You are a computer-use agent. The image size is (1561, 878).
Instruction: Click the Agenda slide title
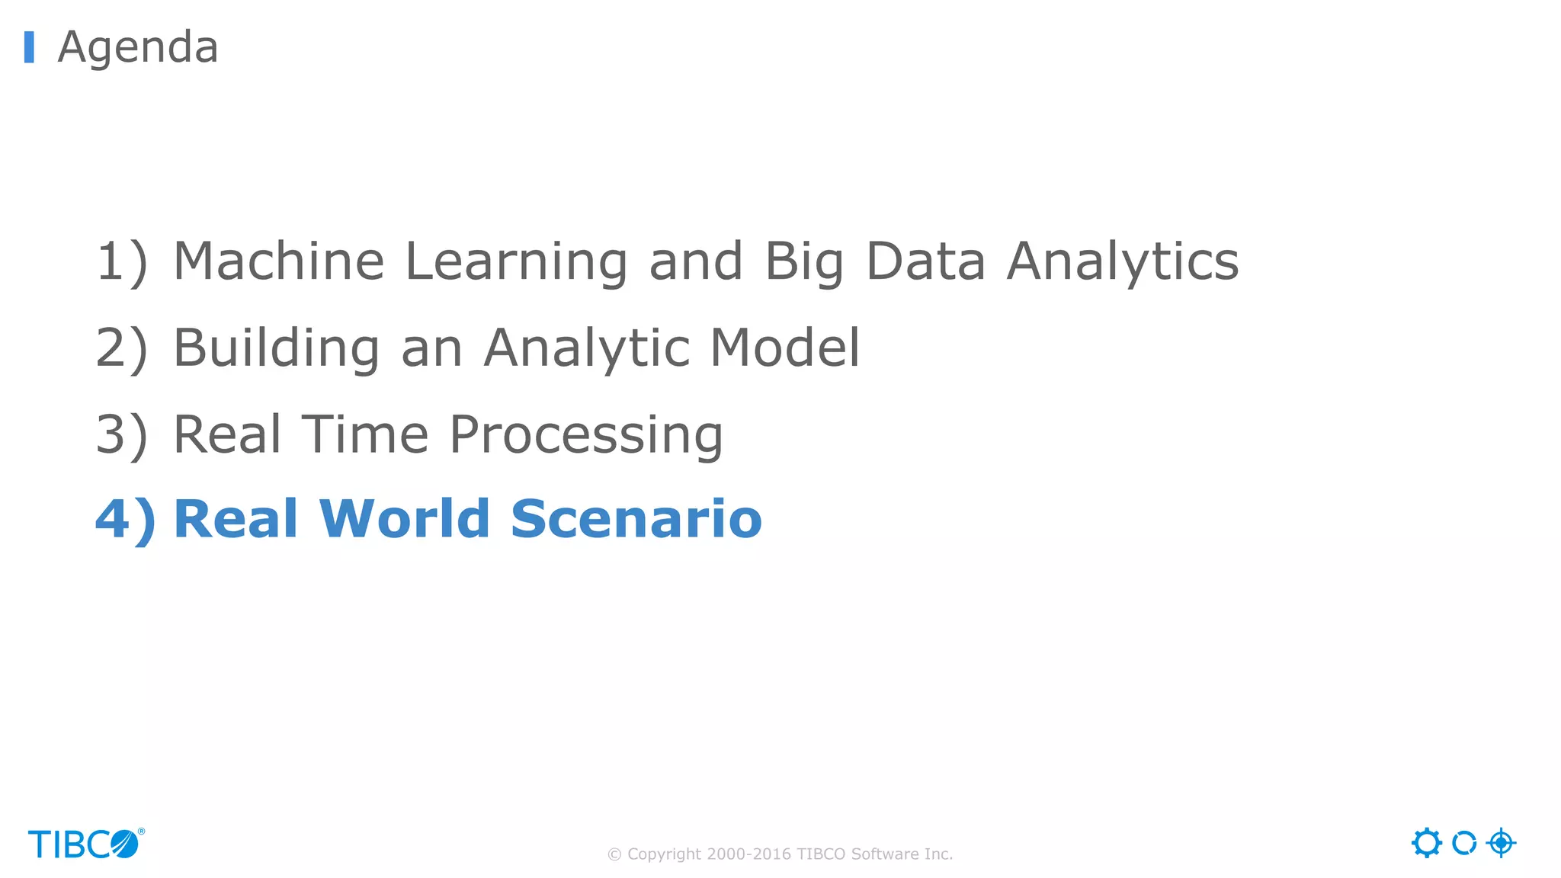click(x=138, y=47)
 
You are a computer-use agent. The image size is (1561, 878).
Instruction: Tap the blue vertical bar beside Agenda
click(x=29, y=47)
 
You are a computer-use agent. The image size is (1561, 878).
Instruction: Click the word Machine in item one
click(x=279, y=261)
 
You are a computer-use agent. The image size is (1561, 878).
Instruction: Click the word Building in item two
click(x=276, y=349)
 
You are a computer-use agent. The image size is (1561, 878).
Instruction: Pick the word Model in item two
click(x=785, y=348)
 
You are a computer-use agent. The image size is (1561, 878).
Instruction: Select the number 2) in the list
click(x=121, y=349)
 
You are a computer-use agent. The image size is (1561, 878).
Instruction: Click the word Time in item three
click(x=365, y=434)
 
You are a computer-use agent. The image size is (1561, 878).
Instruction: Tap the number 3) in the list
click(x=121, y=436)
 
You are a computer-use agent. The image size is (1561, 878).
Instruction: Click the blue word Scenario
click(x=636, y=519)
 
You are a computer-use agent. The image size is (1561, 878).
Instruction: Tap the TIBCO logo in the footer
click(x=85, y=844)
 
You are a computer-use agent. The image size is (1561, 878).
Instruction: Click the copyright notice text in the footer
click(x=780, y=854)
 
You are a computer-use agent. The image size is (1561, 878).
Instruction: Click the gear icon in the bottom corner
click(x=1426, y=843)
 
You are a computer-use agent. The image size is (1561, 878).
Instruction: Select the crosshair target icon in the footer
click(x=1501, y=843)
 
